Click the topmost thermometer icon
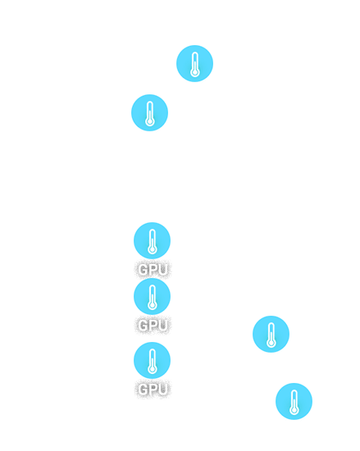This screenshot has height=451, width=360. (194, 64)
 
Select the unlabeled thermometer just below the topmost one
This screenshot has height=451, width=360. (149, 113)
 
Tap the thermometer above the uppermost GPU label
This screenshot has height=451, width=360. (152, 241)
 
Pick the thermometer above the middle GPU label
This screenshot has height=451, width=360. (152, 297)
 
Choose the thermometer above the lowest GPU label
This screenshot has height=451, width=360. (152, 361)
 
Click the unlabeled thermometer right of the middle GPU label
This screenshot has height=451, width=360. (271, 335)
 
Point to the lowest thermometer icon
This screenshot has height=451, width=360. (294, 402)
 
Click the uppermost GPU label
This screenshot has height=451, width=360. (153, 270)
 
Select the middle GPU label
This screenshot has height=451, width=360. (153, 326)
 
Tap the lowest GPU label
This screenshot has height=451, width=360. (153, 389)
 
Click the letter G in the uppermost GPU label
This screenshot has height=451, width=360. (143, 270)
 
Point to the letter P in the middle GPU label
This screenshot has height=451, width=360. (153, 326)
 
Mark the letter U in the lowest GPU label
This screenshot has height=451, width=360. (162, 389)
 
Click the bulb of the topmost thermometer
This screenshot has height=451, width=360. (194, 72)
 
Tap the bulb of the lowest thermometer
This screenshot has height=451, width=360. (294, 410)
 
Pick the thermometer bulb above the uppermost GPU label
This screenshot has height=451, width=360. (152, 249)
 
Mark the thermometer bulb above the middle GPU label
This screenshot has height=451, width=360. (152, 305)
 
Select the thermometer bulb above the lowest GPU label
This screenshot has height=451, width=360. (152, 369)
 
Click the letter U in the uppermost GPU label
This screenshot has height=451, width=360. (162, 270)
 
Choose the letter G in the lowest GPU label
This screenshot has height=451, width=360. (143, 389)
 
